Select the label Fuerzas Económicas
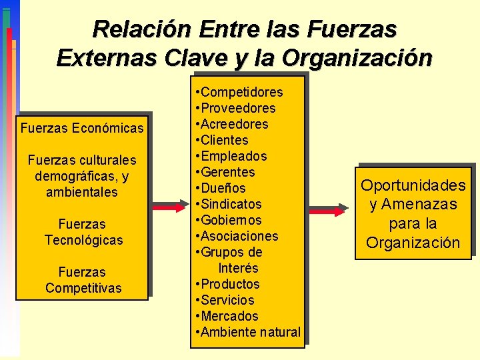[82, 128]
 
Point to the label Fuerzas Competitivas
[83, 280]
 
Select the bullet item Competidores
[241, 92]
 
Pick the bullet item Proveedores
[238, 108]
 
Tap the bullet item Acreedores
[234, 124]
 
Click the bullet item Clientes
[224, 140]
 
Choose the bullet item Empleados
[233, 156]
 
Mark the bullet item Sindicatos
[231, 204]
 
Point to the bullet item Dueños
[223, 188]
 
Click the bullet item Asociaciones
[239, 236]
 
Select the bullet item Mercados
[229, 316]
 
